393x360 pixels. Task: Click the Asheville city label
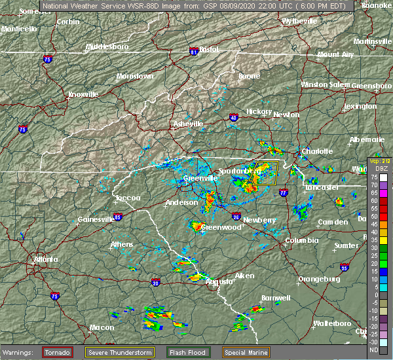pyautogui.click(x=187, y=124)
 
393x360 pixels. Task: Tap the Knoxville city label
pyautogui.click(x=84, y=94)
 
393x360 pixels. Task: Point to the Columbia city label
pyautogui.click(x=301, y=241)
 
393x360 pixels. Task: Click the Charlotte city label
pyautogui.click(x=317, y=151)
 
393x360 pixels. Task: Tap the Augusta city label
pyautogui.click(x=219, y=281)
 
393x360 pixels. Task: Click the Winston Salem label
pyautogui.click(x=326, y=84)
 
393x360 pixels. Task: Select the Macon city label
pyautogui.click(x=83, y=327)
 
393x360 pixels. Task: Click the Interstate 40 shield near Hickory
pyautogui.click(x=234, y=118)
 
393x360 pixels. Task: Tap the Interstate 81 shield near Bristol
pyautogui.click(x=194, y=50)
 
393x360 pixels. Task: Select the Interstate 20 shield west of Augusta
pyautogui.click(x=155, y=283)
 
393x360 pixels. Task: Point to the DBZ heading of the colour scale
pyautogui.click(x=374, y=168)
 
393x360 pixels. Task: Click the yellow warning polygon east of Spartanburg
pyautogui.click(x=267, y=173)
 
